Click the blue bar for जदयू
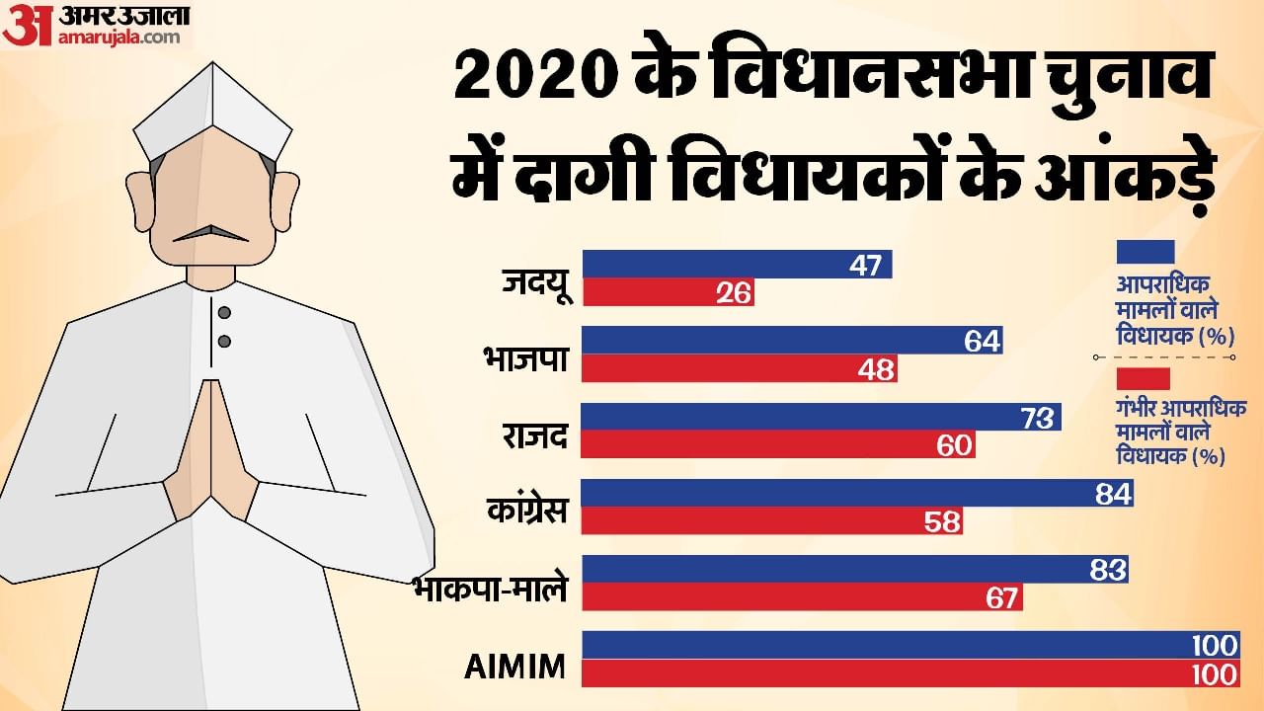point(737,265)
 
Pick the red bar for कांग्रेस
point(771,521)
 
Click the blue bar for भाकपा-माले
point(854,569)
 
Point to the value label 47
point(865,265)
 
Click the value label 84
point(1112,494)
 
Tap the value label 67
point(1001,597)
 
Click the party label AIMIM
point(514,667)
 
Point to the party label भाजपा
point(525,357)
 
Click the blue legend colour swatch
point(1145,252)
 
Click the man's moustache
point(210,234)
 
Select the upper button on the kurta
point(224,314)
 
